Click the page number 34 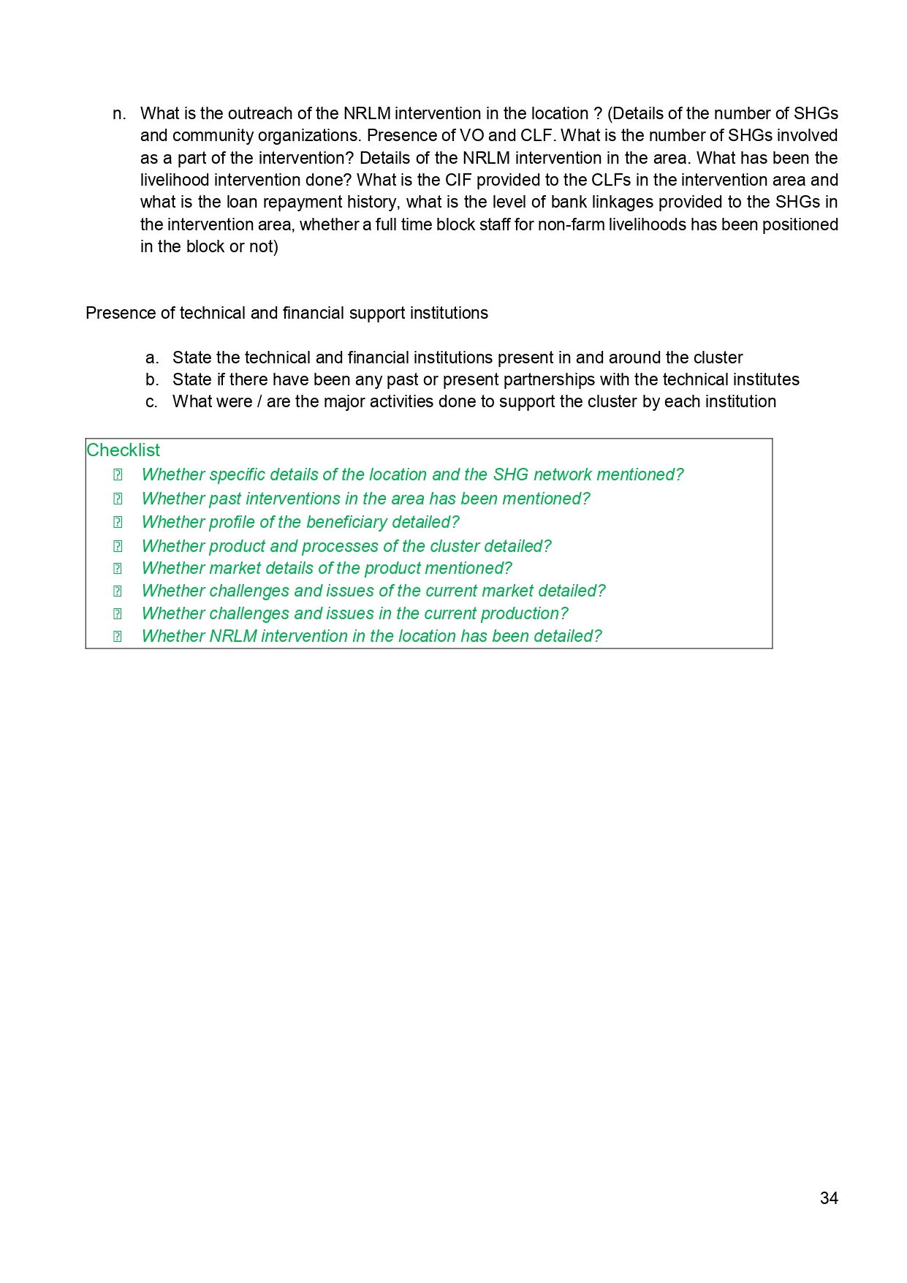829,1198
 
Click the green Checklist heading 123,450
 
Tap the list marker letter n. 118,113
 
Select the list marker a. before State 151,357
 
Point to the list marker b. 151,379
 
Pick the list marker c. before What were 151,401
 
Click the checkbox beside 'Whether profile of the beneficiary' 118,522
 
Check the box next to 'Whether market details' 118,568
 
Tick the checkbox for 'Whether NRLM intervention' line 118,636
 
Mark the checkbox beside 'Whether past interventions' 118,499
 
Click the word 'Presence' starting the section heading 113,313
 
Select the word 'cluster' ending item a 717,357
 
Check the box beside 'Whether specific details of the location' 118,474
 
